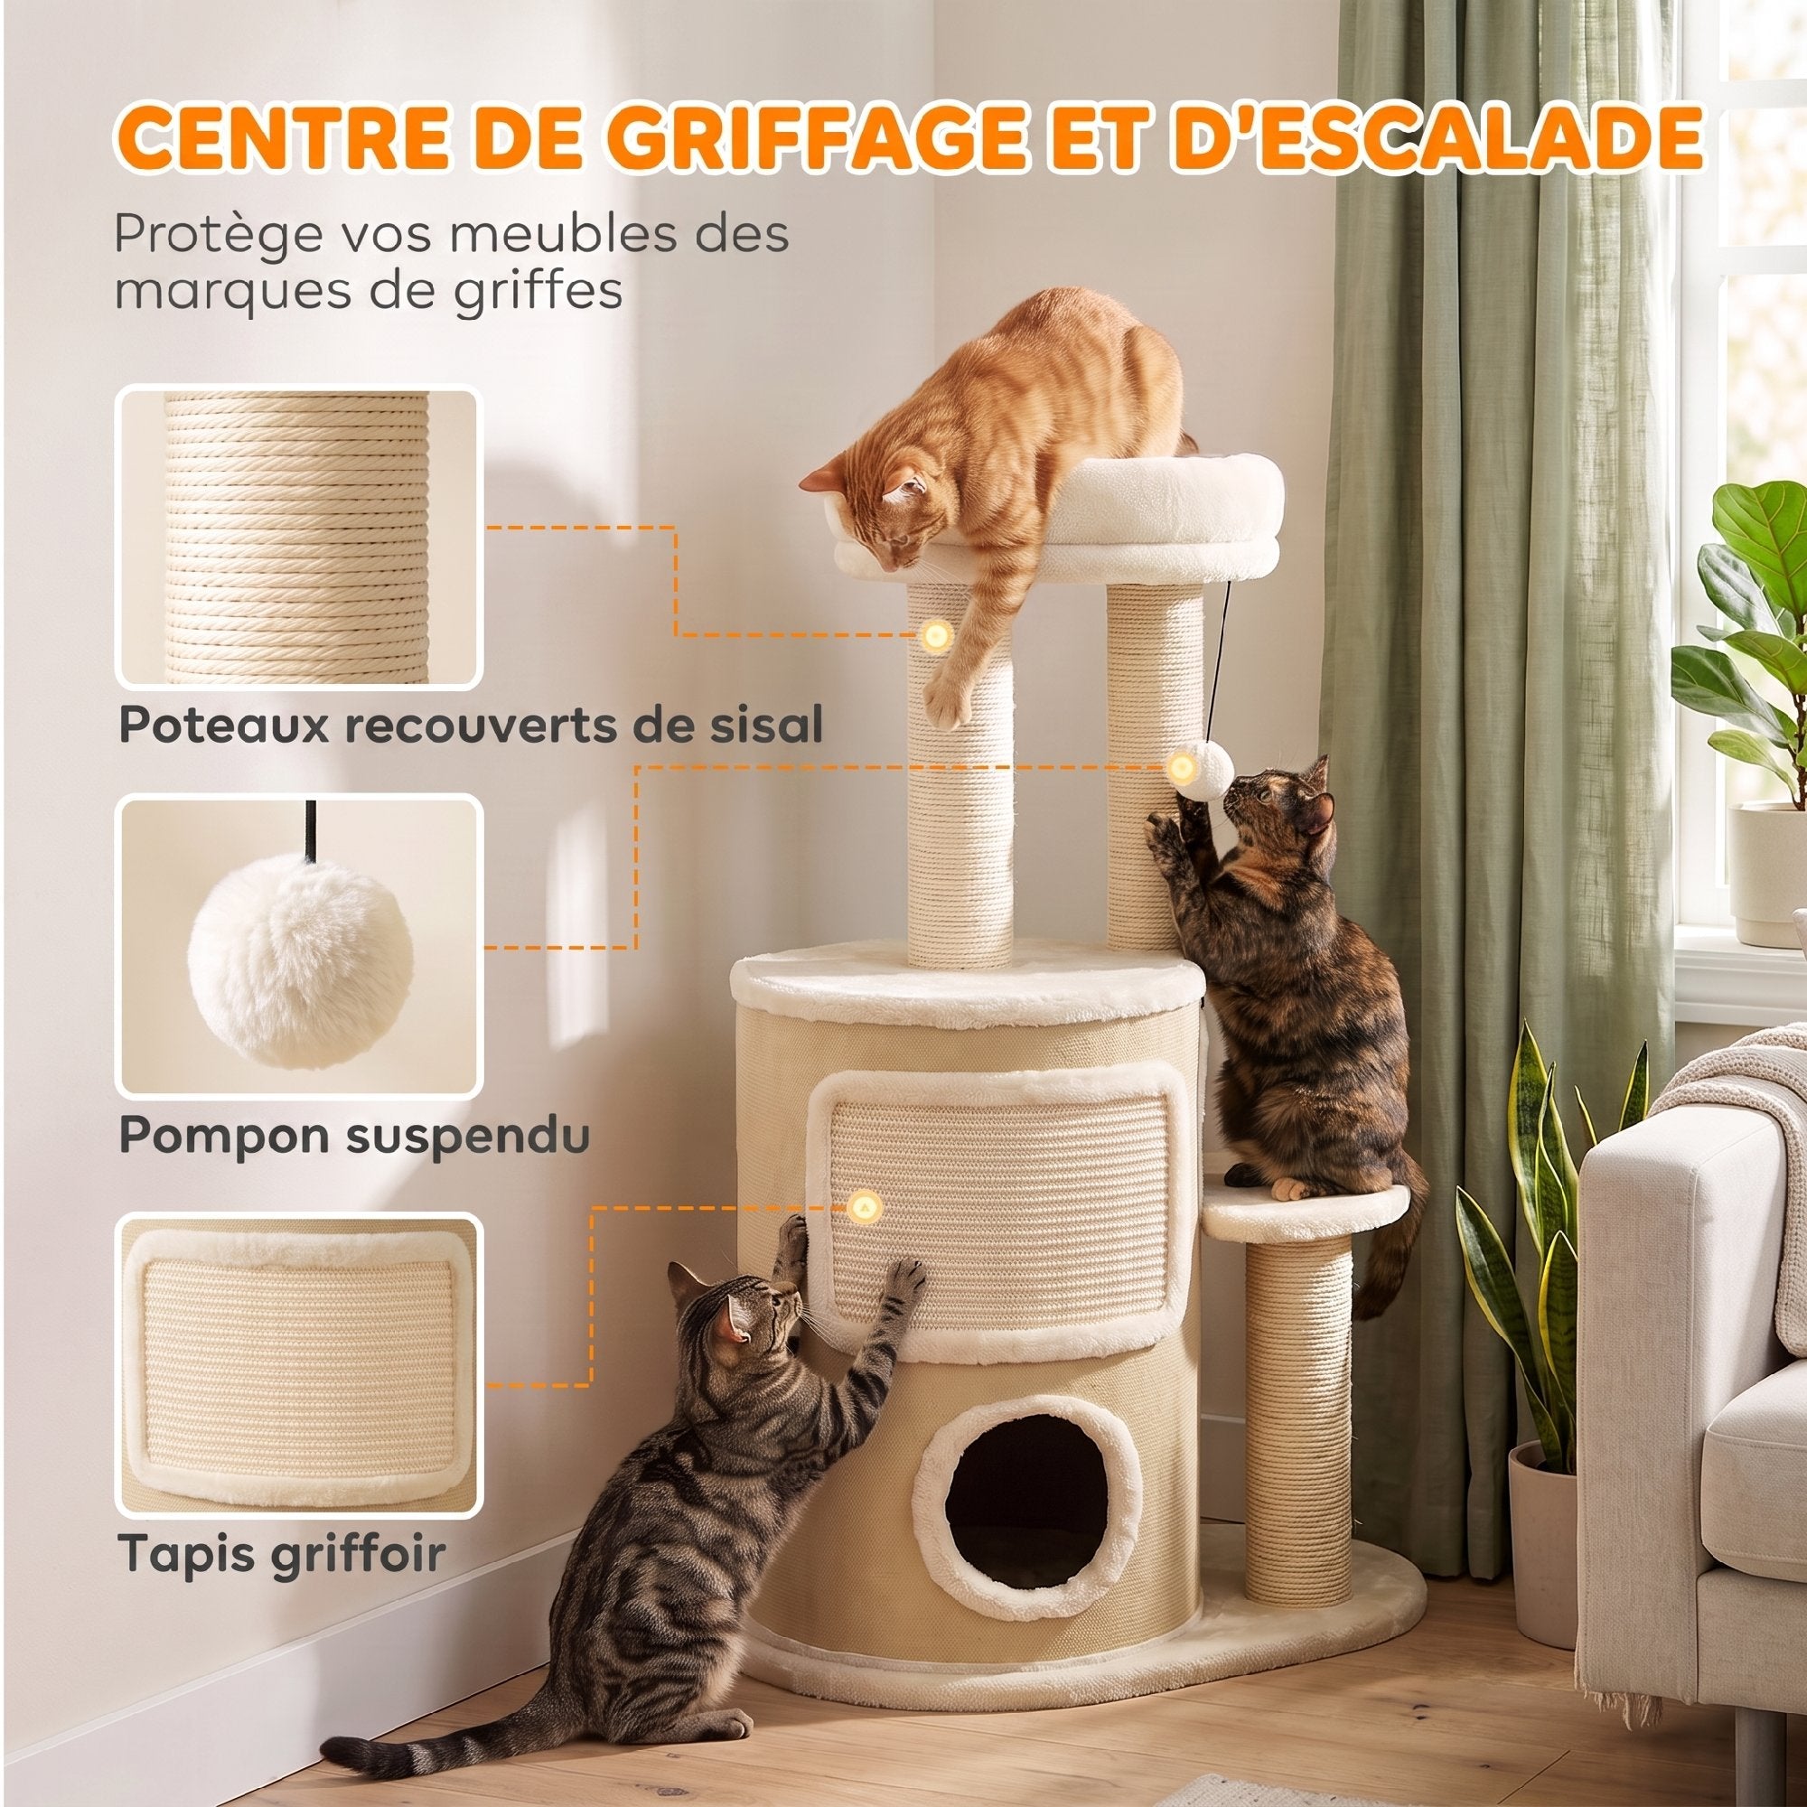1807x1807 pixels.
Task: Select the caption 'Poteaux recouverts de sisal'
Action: click(x=471, y=726)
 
